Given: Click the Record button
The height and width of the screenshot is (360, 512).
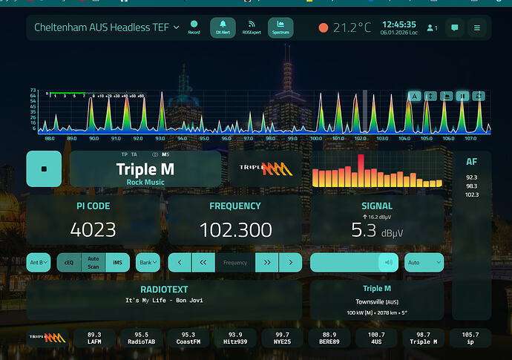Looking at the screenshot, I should [194, 27].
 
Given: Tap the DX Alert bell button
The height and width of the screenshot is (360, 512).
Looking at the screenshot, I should [223, 27].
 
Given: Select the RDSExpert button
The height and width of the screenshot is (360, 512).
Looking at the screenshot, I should [252, 27].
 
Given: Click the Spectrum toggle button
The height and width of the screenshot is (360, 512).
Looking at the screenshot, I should [280, 27].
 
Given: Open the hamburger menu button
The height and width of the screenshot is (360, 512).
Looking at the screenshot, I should [477, 28].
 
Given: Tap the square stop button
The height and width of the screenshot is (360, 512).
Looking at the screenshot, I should [44, 168].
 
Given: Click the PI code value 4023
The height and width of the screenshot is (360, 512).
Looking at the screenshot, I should [93, 230].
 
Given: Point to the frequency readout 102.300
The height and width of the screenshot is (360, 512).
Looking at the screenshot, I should [235, 230].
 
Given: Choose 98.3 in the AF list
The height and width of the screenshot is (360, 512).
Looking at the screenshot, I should [472, 186].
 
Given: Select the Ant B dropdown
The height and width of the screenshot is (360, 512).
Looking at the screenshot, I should [39, 262].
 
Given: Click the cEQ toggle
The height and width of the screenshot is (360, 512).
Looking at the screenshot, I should [68, 262].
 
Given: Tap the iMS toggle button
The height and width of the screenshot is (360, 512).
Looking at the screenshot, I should [117, 262].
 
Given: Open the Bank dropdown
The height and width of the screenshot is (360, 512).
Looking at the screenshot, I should [148, 262].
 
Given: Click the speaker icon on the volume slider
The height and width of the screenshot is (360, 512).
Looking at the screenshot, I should [387, 262].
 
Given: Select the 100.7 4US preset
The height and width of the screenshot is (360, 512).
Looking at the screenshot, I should [377, 338].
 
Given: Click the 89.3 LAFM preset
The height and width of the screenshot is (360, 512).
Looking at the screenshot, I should [94, 338].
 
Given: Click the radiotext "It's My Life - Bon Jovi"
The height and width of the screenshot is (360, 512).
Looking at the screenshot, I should [164, 301].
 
